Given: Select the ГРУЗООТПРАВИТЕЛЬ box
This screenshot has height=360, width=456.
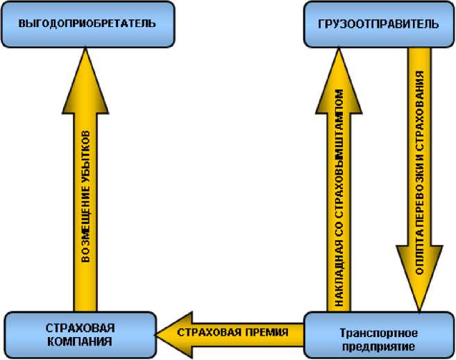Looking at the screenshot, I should tap(380, 24).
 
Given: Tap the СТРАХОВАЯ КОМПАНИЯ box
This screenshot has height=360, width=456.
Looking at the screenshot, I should tap(80, 334).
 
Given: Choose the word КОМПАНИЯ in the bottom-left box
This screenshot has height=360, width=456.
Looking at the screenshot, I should tap(80, 341).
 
